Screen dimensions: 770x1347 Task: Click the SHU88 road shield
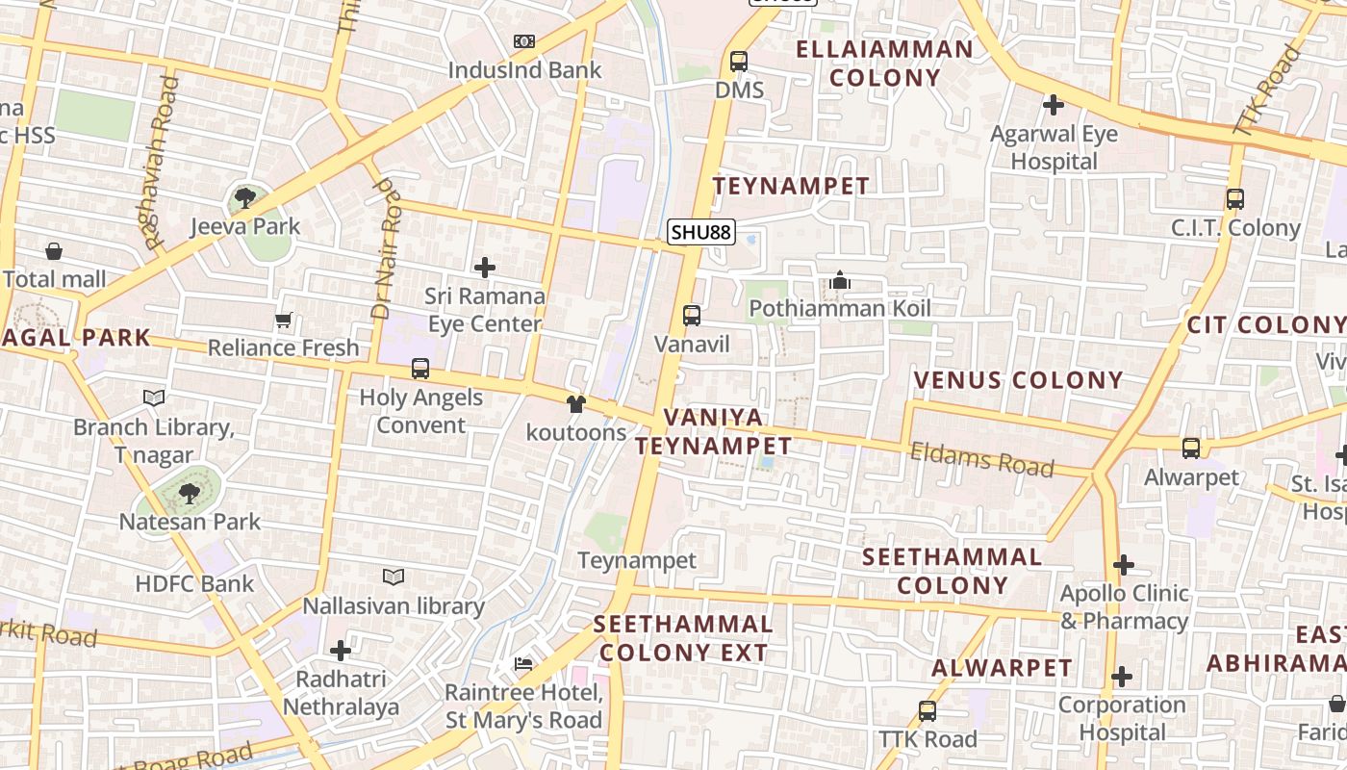click(701, 232)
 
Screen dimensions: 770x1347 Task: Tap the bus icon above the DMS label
click(739, 62)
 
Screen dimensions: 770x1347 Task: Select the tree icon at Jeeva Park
click(245, 198)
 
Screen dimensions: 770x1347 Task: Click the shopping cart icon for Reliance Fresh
click(283, 320)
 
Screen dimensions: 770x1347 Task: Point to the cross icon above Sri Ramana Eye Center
click(485, 268)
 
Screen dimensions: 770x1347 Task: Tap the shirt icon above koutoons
click(576, 404)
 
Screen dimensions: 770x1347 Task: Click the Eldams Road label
click(981, 459)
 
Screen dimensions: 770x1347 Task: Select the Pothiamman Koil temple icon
click(840, 281)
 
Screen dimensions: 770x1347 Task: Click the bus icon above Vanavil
click(692, 316)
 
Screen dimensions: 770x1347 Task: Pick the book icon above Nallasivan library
click(394, 577)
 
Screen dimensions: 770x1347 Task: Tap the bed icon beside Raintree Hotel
click(523, 664)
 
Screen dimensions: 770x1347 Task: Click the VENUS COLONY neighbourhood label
click(1018, 380)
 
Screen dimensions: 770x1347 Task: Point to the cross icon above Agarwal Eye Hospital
click(1054, 105)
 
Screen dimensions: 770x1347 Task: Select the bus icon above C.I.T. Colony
click(1235, 200)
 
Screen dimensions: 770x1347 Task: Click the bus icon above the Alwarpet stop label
click(1191, 449)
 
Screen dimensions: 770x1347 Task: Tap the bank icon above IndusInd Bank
click(523, 41)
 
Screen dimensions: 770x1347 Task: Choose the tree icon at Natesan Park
click(190, 494)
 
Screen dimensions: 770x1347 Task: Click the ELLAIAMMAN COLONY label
click(884, 63)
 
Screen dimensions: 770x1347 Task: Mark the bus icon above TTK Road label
click(928, 711)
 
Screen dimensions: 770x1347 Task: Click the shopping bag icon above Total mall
click(54, 252)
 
